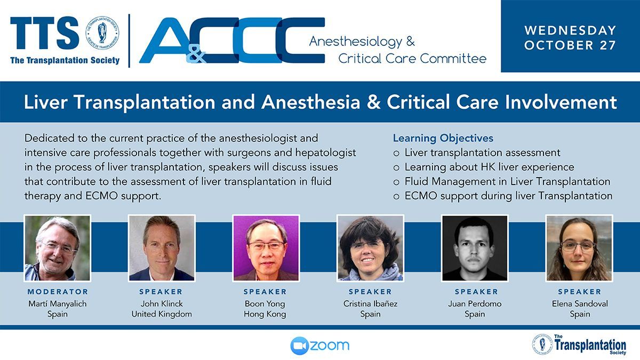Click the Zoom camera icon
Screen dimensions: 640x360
[299, 346]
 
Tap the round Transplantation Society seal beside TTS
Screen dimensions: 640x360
[102, 33]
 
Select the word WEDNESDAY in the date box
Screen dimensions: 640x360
[570, 30]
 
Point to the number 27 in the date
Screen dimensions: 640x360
[607, 45]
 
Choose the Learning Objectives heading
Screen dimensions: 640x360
[443, 138]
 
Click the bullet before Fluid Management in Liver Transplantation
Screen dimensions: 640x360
[396, 182]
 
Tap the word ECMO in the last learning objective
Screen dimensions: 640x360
[421, 196]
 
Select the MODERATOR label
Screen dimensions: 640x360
[58, 292]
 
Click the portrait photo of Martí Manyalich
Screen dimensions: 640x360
[58, 248]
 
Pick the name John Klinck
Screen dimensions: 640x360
[162, 303]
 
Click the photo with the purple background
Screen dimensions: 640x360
[266, 248]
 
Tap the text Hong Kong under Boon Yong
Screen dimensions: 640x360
[265, 314]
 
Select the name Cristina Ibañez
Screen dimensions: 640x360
[370, 303]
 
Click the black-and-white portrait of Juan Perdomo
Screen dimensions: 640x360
[475, 248]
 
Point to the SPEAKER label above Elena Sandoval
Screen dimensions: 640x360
[580, 292]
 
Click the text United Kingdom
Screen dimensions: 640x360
[162, 314]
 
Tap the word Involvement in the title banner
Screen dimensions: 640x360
[561, 102]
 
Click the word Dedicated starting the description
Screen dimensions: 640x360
[50, 138]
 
